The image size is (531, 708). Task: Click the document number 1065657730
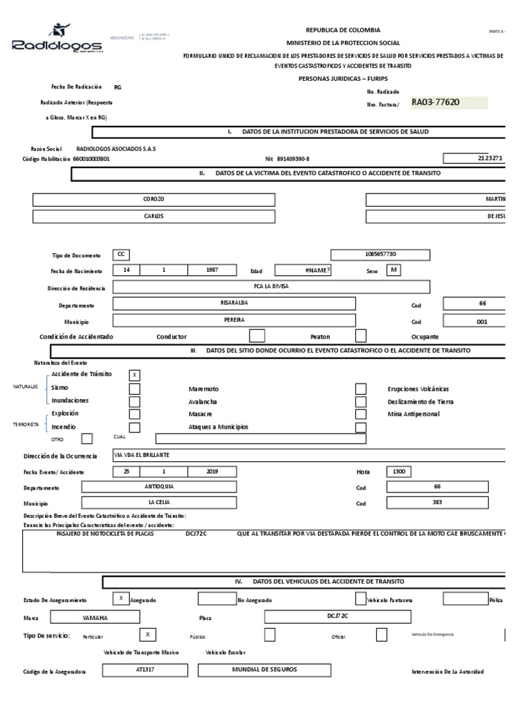click(380, 254)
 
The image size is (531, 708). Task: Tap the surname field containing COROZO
click(153, 199)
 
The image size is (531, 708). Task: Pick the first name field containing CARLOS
click(153, 216)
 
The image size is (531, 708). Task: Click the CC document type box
click(120, 254)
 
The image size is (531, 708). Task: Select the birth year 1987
click(212, 270)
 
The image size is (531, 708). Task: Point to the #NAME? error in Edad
click(303, 270)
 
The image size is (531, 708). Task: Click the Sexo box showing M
click(393, 270)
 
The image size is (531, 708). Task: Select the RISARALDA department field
click(234, 304)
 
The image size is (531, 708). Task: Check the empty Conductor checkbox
click(257, 337)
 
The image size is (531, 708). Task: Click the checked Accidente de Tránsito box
click(135, 375)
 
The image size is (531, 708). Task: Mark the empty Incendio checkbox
click(135, 427)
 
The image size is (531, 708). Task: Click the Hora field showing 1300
click(400, 472)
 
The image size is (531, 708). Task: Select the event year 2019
click(212, 472)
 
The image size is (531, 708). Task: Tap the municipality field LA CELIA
click(159, 503)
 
